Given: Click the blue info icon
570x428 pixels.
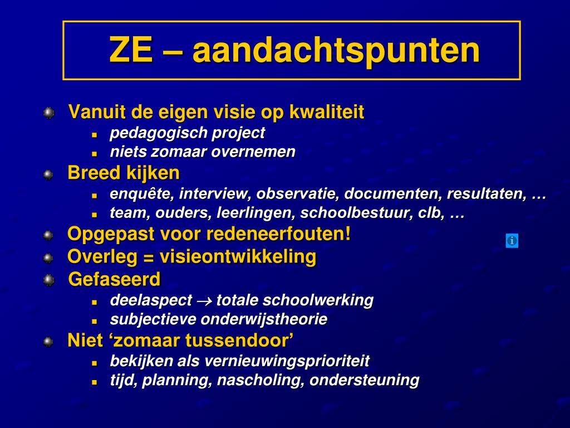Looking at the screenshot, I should (512, 241).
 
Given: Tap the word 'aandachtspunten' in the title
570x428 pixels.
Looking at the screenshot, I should (336, 50).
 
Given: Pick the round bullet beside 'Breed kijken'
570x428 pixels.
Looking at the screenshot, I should (49, 174).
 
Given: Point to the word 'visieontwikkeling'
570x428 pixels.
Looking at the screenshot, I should (238, 257).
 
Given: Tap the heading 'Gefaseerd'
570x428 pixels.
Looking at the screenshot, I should (114, 279).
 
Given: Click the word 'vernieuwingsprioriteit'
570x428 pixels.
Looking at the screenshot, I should (287, 361).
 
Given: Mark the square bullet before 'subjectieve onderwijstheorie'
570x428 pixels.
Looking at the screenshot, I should (95, 321).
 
